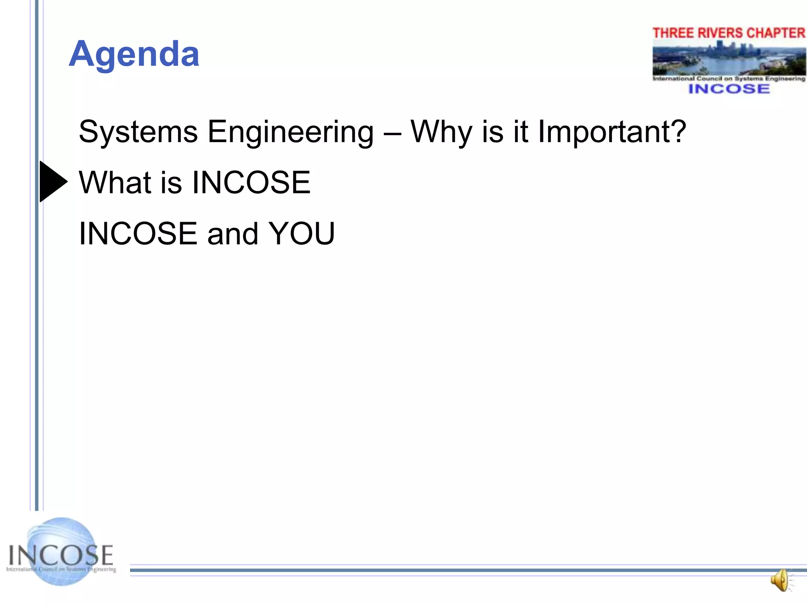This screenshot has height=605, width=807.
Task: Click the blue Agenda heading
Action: click(134, 54)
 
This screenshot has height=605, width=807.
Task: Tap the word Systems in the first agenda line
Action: click(138, 132)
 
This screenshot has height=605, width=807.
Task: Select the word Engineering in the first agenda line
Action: click(290, 132)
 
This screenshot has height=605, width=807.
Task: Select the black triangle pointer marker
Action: click(53, 182)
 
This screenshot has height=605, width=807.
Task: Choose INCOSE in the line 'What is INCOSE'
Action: click(251, 182)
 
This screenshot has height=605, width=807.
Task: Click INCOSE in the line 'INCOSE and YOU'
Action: click(138, 234)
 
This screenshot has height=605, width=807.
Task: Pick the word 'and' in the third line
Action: click(232, 234)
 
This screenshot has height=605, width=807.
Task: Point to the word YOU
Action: click(301, 234)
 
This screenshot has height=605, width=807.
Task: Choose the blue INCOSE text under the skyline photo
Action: click(729, 89)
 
